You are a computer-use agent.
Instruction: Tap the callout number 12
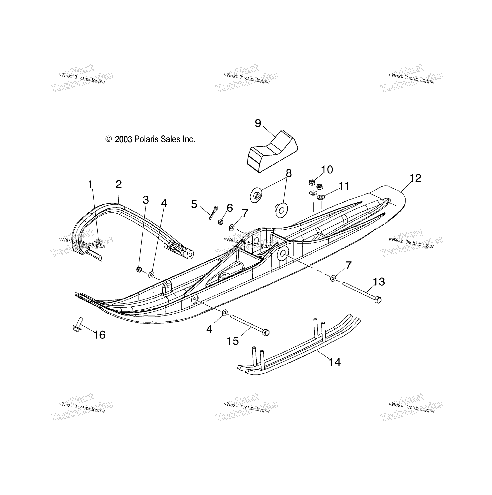pyautogui.click(x=415, y=178)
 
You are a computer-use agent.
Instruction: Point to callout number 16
pyautogui.click(x=99, y=335)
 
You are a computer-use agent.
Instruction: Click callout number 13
pyautogui.click(x=379, y=282)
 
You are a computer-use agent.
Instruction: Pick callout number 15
pyautogui.click(x=233, y=341)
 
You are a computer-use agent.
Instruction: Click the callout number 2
pyautogui.click(x=119, y=184)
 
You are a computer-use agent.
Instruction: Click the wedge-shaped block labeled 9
pyautogui.click(x=272, y=151)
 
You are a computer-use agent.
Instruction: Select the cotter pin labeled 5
pyautogui.click(x=213, y=212)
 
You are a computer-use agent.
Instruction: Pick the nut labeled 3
pyautogui.click(x=139, y=270)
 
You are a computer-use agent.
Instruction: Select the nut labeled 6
pyautogui.click(x=220, y=222)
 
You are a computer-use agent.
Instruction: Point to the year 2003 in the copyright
pyautogui.click(x=123, y=140)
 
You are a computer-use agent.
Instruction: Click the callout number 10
pyautogui.click(x=327, y=170)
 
